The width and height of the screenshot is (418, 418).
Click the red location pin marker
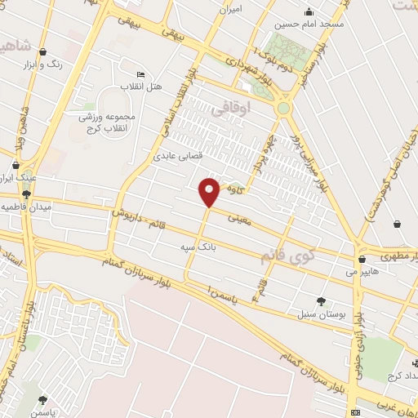[x=210, y=191]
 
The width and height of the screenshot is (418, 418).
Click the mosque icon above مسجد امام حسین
[x=309, y=11]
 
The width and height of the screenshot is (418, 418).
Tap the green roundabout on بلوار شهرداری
[x=283, y=107]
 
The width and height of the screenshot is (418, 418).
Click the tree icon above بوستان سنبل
[x=320, y=300]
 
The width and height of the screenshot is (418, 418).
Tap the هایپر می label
[x=362, y=270]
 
